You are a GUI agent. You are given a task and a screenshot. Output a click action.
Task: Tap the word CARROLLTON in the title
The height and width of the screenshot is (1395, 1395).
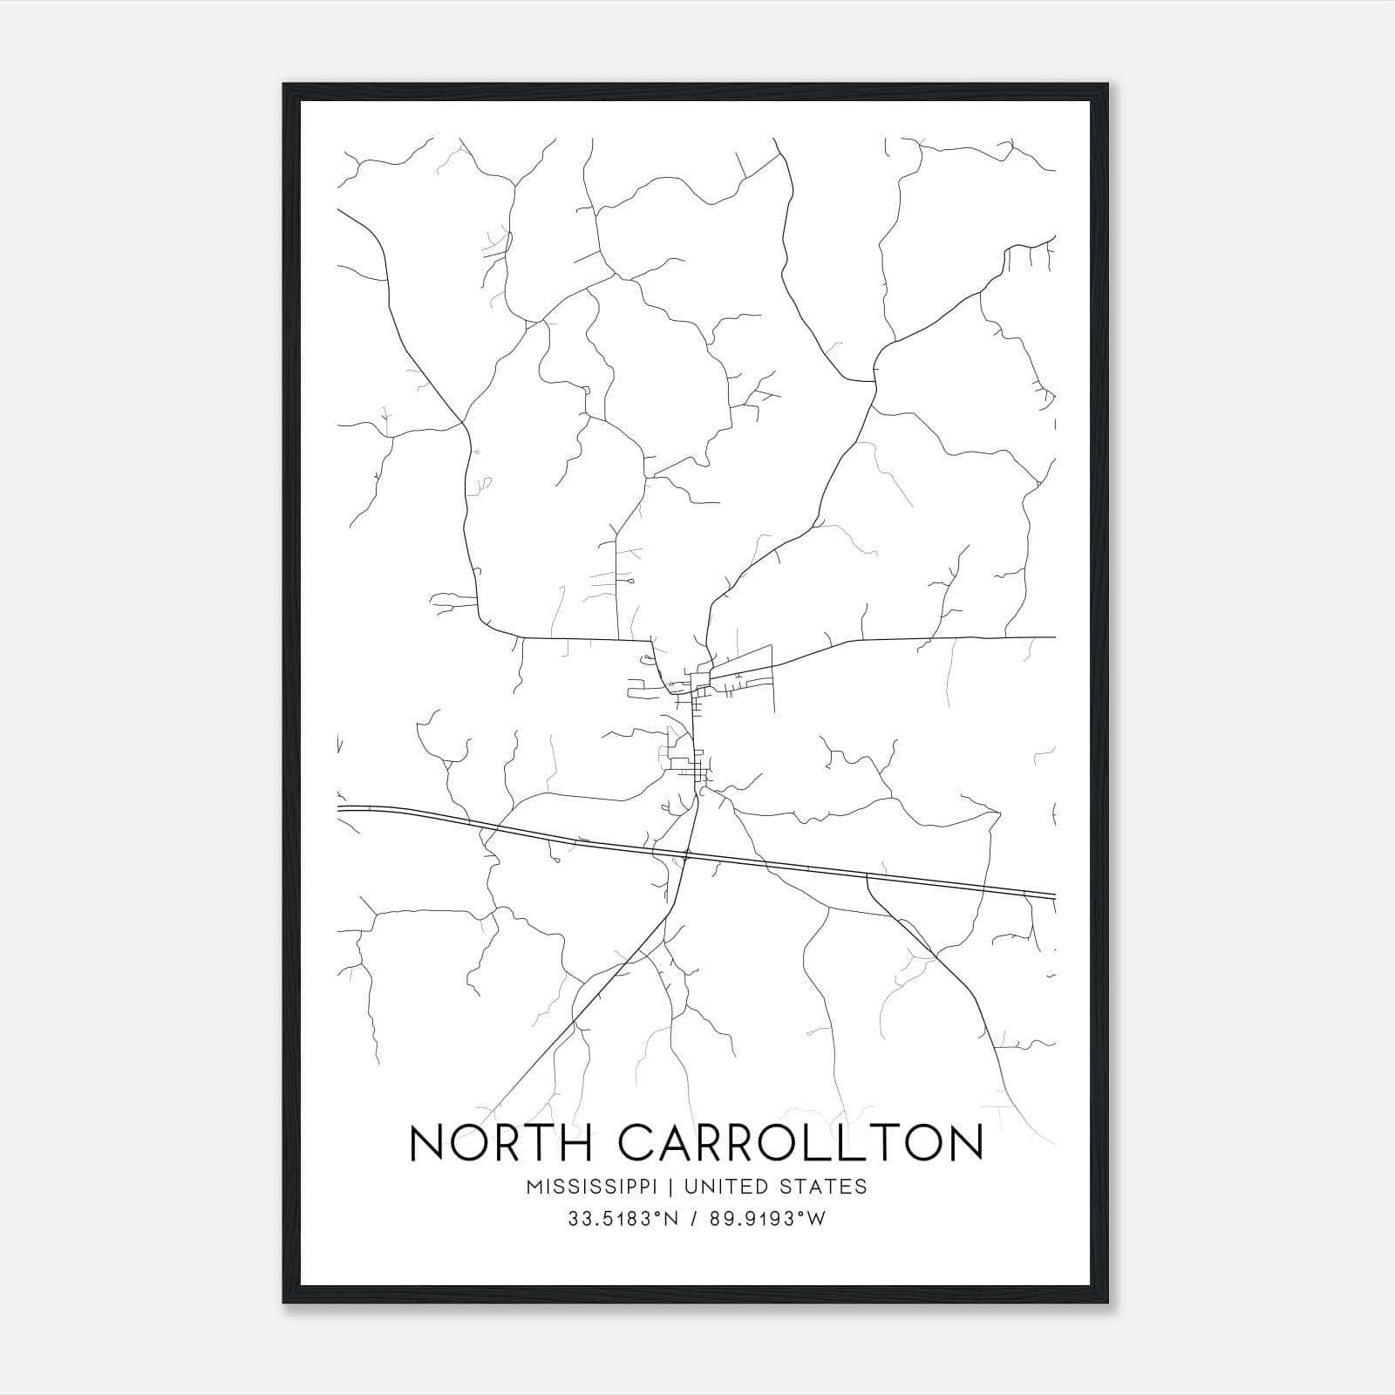(x=800, y=1143)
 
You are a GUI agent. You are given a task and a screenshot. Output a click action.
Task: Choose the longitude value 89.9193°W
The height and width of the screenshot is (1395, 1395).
(x=767, y=1219)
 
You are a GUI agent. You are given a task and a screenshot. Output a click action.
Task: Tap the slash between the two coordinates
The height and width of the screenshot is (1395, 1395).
(x=693, y=1219)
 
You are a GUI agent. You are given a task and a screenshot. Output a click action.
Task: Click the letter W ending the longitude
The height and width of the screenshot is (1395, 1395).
(x=816, y=1219)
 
